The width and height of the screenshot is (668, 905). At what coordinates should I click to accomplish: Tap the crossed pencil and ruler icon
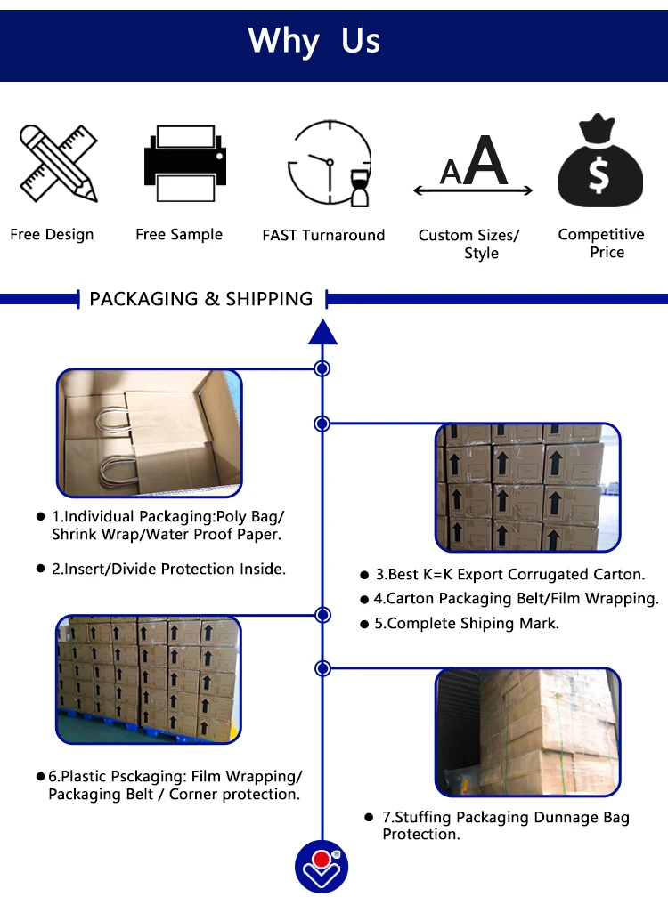(58, 164)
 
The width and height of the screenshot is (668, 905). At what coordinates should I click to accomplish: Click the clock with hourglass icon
(328, 164)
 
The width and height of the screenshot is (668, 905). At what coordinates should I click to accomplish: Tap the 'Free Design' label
(52, 235)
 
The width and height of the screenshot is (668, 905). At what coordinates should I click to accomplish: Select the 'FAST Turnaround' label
(323, 236)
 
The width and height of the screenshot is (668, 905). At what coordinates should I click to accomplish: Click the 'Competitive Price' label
(601, 243)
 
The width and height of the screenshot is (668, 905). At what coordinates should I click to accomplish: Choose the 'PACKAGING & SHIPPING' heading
(201, 299)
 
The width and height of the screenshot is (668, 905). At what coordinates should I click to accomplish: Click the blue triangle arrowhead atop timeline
(322, 332)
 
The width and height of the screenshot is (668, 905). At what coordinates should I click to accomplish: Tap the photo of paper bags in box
(150, 432)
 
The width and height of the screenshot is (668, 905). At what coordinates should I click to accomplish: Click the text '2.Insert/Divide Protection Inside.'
(168, 569)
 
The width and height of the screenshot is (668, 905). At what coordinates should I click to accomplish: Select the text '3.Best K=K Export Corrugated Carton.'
(509, 575)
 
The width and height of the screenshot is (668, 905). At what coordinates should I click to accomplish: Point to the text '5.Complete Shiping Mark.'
(467, 624)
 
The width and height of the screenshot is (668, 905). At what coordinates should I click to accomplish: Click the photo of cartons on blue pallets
(149, 679)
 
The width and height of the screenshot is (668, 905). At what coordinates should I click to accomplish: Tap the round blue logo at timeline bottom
(322, 867)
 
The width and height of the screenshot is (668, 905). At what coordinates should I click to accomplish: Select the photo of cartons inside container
(527, 732)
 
